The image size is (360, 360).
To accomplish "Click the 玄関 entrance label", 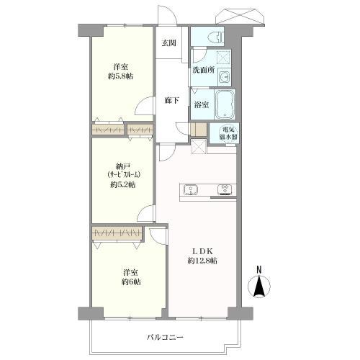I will (x=169, y=43).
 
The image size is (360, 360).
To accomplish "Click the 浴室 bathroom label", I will (x=201, y=105).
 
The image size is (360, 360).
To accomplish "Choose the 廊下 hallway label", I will (x=171, y=101).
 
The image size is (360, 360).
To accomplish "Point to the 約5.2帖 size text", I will (x=123, y=185).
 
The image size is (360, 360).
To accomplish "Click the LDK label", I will (x=201, y=250).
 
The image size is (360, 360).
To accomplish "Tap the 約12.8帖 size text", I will (x=202, y=261).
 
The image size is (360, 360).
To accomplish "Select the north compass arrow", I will (x=258, y=288).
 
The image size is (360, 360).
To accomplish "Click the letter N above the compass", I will (x=258, y=271).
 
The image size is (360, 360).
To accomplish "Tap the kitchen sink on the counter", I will (x=192, y=191).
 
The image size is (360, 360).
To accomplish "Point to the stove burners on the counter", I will (x=224, y=190).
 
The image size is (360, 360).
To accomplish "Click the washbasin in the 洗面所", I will (x=224, y=77).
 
